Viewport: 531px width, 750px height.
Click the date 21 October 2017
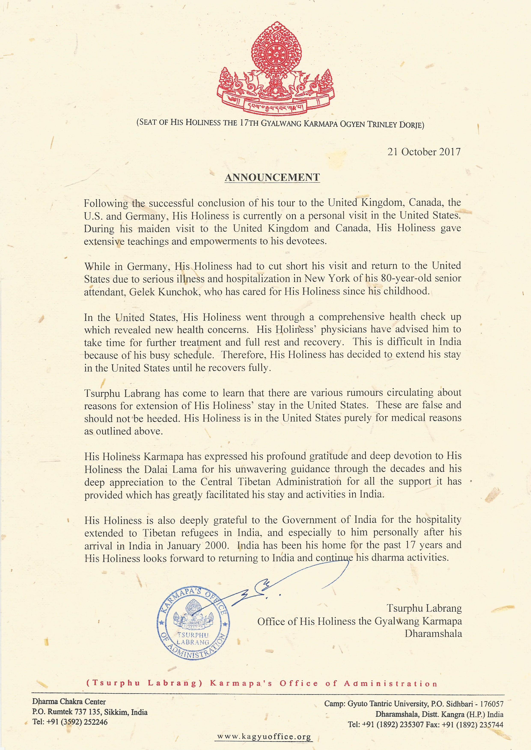(424, 152)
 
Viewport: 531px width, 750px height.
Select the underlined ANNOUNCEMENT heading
(272, 177)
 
